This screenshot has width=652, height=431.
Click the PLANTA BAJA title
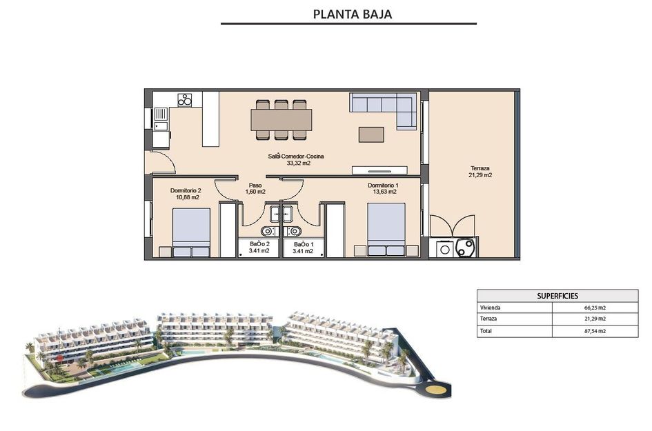(353, 14)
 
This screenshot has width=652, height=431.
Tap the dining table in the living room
(281, 119)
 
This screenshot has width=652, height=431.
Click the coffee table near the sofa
(371, 133)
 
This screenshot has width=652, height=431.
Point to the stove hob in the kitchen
(185, 100)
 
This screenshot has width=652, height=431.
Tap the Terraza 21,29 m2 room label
(480, 172)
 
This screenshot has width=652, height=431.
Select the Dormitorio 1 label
(383, 188)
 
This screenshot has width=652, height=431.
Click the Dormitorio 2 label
(185, 194)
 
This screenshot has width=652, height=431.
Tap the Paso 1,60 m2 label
(255, 188)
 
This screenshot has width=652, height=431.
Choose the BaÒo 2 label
(259, 248)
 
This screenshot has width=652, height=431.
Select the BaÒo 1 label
(303, 248)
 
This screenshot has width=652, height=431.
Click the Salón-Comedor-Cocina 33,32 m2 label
(295, 160)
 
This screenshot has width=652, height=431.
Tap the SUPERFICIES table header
(557, 295)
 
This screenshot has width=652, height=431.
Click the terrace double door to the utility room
(452, 225)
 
